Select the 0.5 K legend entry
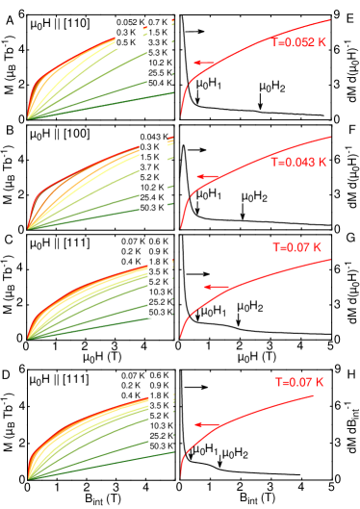126,42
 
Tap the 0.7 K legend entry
159,22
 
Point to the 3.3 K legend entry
159,42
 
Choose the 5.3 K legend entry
159,52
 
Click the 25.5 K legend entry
161,72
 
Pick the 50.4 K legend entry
161,83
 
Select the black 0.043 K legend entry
153,137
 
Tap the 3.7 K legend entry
150,166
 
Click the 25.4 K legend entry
153,197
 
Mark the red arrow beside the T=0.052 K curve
204,63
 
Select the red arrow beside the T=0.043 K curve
208,176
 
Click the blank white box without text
98,257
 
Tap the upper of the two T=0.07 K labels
296,247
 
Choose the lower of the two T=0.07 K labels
299,382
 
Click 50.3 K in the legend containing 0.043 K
153,208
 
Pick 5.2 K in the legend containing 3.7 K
150,177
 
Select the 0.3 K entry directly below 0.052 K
126,32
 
